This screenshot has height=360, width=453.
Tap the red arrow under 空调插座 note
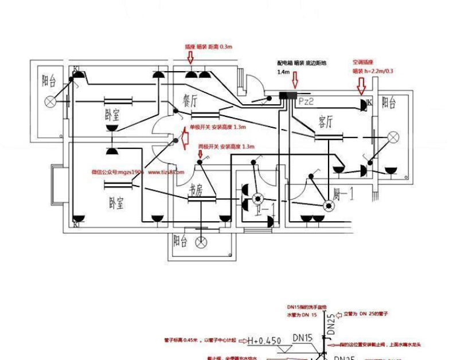[361, 85]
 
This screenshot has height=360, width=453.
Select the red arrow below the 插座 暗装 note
[191, 57]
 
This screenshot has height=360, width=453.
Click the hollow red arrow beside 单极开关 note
[185, 138]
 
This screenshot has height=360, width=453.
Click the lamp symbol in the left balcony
[50, 101]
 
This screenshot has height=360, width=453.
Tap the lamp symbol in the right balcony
[393, 136]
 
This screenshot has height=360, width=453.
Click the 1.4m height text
[283, 72]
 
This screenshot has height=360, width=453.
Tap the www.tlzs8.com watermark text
[166, 171]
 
